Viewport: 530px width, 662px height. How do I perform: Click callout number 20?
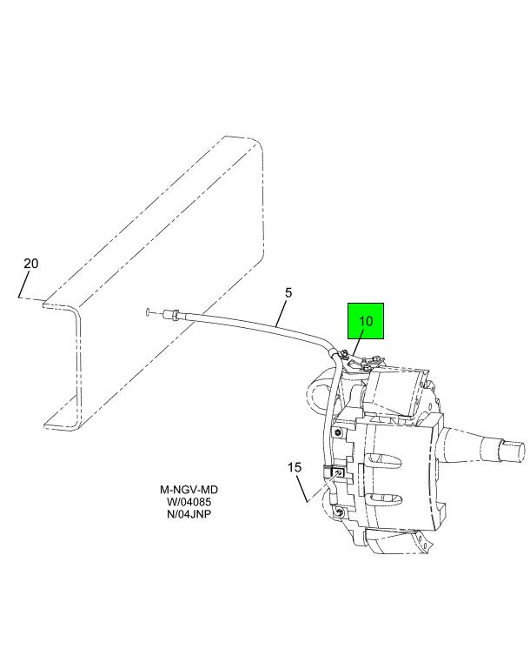point(30,264)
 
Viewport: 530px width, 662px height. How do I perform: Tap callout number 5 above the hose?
point(288,292)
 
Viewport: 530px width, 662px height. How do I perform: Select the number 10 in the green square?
point(366,321)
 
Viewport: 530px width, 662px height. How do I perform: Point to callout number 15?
point(295,467)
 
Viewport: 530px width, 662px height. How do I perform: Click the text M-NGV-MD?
point(189,490)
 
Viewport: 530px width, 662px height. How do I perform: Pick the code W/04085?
point(189,502)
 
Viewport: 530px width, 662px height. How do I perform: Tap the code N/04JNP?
point(189,514)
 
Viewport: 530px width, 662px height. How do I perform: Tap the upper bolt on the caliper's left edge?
point(339,432)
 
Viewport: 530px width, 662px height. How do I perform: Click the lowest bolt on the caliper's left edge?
point(340,512)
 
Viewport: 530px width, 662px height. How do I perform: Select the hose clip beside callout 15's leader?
point(333,472)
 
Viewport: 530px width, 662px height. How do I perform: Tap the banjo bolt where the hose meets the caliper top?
point(344,352)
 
